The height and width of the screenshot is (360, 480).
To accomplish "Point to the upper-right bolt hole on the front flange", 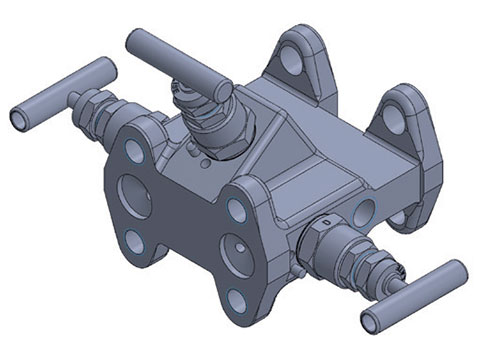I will pyautogui.click(x=236, y=208).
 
